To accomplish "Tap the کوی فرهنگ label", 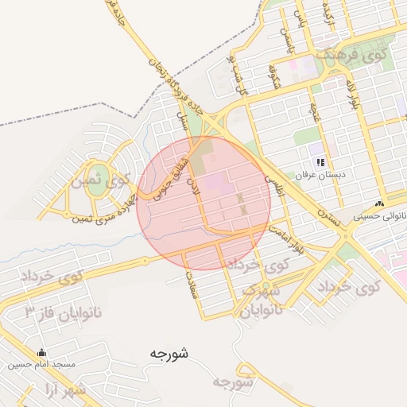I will pyautogui.click(x=351, y=56).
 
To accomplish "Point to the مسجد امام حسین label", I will pyautogui.click(x=42, y=364).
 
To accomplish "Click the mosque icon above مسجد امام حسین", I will pyautogui.click(x=42, y=353).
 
